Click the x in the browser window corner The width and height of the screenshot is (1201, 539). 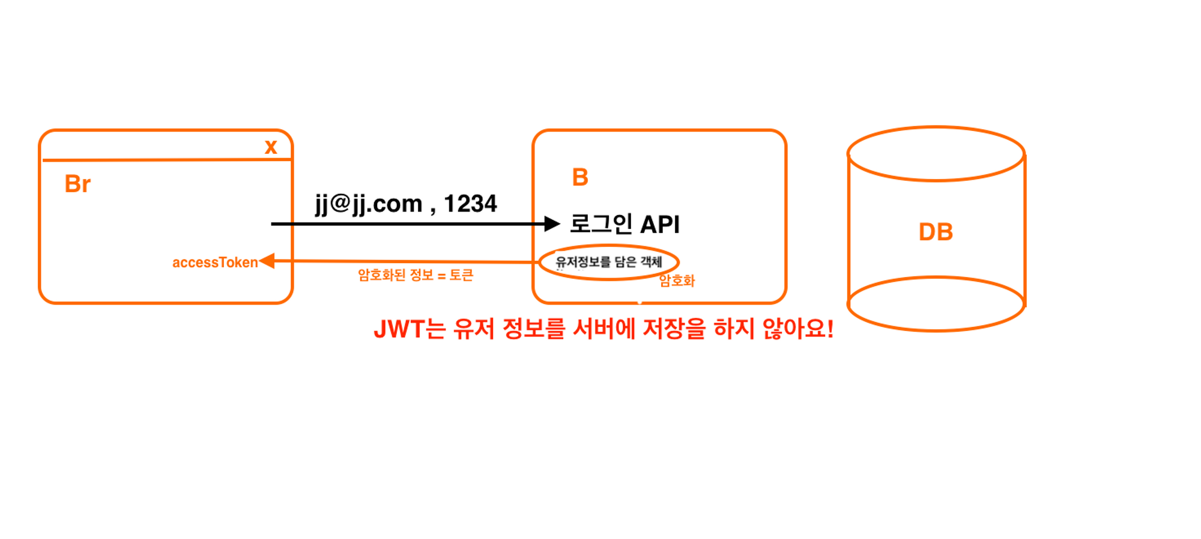271,147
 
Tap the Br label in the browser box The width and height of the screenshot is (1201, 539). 77,184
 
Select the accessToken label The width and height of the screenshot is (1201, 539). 215,263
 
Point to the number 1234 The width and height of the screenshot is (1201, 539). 470,204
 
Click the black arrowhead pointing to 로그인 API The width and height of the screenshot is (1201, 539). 552,224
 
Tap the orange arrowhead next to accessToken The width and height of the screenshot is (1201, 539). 267,261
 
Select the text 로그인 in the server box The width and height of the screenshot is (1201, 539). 601,224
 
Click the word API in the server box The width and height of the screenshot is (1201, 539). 660,225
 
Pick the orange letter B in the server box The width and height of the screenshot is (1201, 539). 580,177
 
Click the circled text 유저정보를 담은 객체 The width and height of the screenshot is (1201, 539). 608,262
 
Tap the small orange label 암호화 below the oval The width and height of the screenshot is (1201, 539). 677,281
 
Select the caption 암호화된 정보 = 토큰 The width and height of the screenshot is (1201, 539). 416,275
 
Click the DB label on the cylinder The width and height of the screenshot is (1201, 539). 936,232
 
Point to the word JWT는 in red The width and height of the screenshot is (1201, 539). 410,329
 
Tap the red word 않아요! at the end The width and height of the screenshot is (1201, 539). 798,329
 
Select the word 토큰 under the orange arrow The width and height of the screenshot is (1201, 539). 461,275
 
